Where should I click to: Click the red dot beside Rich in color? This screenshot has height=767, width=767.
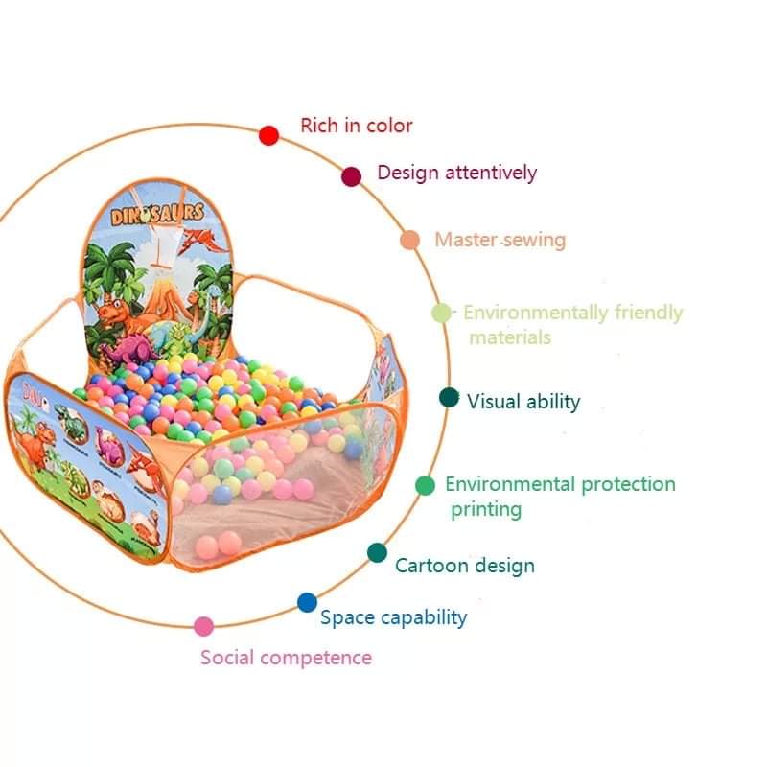pyautogui.click(x=268, y=136)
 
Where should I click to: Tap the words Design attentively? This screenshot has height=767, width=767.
pyautogui.click(x=456, y=174)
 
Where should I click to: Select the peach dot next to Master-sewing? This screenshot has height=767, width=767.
pyautogui.click(x=410, y=240)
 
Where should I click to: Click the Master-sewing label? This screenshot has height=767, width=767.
pyautogui.click(x=500, y=240)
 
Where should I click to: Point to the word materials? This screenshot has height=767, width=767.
pyautogui.click(x=509, y=337)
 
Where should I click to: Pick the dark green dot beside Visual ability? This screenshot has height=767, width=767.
pyautogui.click(x=449, y=398)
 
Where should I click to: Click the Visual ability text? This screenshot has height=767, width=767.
pyautogui.click(x=523, y=402)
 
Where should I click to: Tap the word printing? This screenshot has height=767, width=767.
pyautogui.click(x=486, y=509)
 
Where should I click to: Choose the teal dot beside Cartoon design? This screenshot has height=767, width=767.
pyautogui.click(x=378, y=552)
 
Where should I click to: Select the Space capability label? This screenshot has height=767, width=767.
pyautogui.click(x=393, y=617)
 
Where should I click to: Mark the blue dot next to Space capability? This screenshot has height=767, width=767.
pyautogui.click(x=307, y=602)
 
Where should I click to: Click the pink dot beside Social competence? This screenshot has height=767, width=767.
pyautogui.click(x=203, y=626)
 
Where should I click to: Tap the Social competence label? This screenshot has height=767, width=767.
pyautogui.click(x=286, y=658)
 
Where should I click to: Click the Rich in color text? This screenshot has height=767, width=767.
pyautogui.click(x=357, y=126)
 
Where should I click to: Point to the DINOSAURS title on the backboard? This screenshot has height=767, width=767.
pyautogui.click(x=157, y=214)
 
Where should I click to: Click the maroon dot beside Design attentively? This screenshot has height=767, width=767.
pyautogui.click(x=352, y=176)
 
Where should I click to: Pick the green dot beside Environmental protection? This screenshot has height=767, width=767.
pyautogui.click(x=425, y=485)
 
